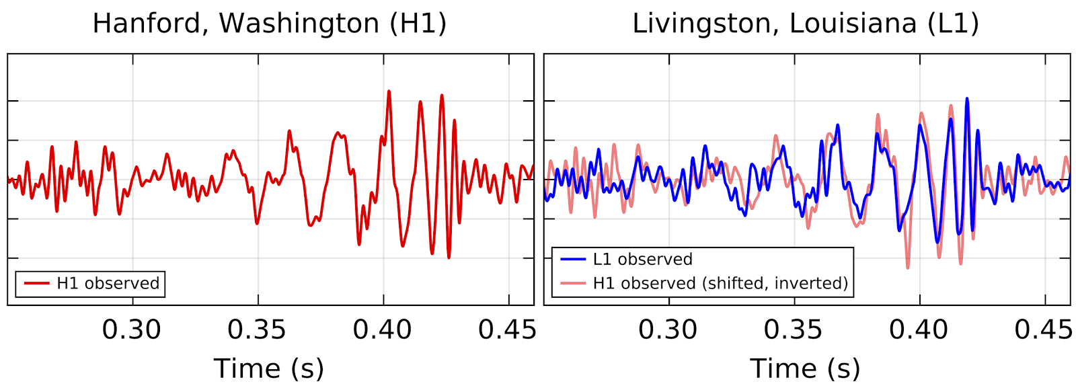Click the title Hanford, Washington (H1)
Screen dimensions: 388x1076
coord(269,24)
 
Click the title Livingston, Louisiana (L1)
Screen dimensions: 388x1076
coord(805,24)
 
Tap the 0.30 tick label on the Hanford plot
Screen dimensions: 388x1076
coord(132,329)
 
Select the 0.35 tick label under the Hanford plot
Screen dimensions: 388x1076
coord(257,329)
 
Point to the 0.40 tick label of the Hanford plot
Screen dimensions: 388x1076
coord(383,329)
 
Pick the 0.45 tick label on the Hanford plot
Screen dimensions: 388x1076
coord(507,329)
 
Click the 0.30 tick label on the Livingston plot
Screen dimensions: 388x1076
coord(668,329)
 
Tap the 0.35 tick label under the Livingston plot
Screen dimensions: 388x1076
coord(793,329)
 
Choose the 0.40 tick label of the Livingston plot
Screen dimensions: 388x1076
coord(919,329)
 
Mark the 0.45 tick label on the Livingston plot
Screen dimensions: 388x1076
coord(1043,329)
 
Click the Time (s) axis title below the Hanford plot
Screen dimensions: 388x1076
coord(269,368)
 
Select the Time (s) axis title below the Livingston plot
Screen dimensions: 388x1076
coord(805,368)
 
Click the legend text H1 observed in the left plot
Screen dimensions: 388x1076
coord(108,284)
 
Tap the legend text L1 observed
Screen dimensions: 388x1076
coord(642,260)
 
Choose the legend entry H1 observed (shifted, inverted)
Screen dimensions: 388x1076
coord(720,284)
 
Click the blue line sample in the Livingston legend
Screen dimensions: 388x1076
coord(573,260)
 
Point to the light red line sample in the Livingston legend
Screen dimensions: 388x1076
coord(573,284)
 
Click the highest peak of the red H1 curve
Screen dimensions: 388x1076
coord(389,91)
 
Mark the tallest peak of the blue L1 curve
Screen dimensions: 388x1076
coord(967,100)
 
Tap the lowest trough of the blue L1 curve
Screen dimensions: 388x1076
coord(937,241)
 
